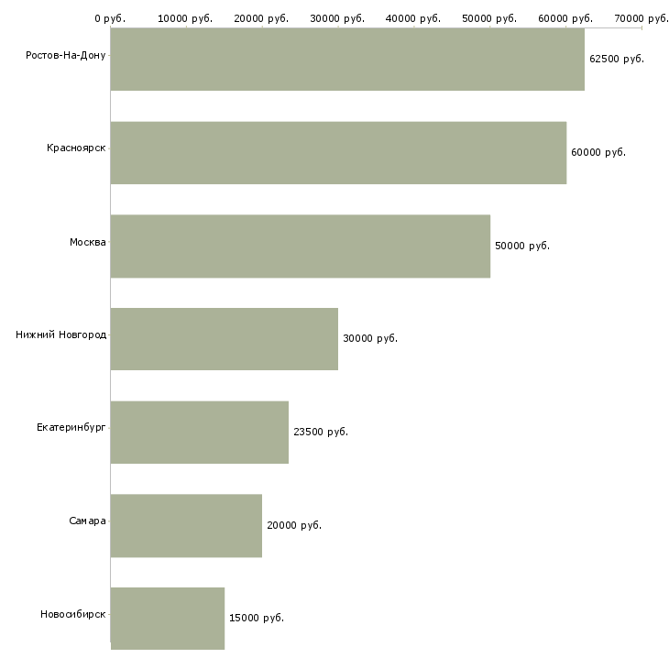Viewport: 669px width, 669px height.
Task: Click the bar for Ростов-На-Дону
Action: pyautogui.click(x=347, y=60)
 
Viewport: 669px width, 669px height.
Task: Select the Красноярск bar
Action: pyautogui.click(x=338, y=153)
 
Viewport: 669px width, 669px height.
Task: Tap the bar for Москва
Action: pyautogui.click(x=301, y=247)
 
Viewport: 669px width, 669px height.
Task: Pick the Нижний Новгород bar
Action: pyautogui.click(x=225, y=339)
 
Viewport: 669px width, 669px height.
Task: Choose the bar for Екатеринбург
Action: pyautogui.click(x=200, y=433)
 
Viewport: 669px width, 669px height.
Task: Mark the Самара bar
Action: pyautogui.click(x=186, y=526)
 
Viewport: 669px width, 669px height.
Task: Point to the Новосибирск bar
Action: pyautogui.click(x=168, y=619)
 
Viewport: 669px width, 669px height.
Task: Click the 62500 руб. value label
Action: pyautogui.click(x=617, y=59)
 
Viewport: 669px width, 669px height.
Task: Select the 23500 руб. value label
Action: pyautogui.click(x=321, y=432)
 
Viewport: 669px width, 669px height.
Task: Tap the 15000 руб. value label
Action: pyautogui.click(x=257, y=618)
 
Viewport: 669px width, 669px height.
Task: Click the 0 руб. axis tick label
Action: pyautogui.click(x=110, y=18)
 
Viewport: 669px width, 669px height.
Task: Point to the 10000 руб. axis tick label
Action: pyautogui.click(x=185, y=18)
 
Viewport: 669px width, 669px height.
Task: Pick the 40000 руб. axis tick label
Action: pyautogui.click(x=413, y=18)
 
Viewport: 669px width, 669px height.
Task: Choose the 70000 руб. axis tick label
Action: pyautogui.click(x=642, y=18)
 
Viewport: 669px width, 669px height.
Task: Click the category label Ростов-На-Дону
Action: pyautogui.click(x=66, y=56)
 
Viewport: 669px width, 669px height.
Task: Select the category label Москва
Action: pyautogui.click(x=87, y=242)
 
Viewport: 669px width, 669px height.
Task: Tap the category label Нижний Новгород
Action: pyautogui.click(x=61, y=334)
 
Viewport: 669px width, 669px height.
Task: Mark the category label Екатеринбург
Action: pyautogui.click(x=71, y=427)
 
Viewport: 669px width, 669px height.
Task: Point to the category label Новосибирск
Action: pyautogui.click(x=73, y=614)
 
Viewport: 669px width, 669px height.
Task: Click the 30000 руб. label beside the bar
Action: pyautogui.click(x=370, y=339)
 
